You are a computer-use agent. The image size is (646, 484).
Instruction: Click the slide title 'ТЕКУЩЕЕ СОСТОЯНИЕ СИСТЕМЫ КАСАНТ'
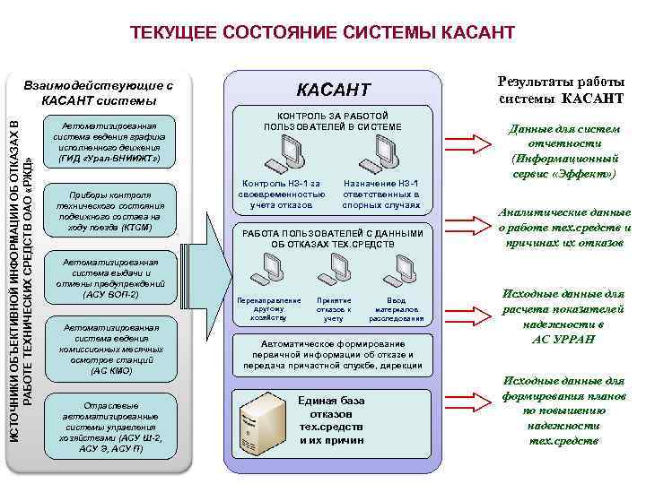[322, 33]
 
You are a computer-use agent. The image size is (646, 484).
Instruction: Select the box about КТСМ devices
[109, 211]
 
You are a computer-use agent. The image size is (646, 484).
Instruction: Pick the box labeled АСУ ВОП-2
[109, 278]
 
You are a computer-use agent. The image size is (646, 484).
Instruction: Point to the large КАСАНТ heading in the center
[333, 90]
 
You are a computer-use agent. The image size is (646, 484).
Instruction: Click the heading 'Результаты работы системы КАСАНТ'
[560, 90]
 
